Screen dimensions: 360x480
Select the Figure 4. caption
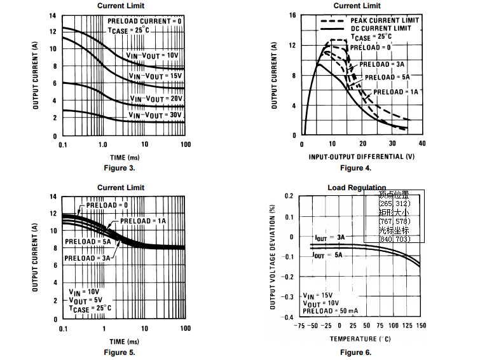(x=355, y=168)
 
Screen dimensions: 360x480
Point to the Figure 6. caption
(x=355, y=352)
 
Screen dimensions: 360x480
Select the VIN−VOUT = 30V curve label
(x=155, y=116)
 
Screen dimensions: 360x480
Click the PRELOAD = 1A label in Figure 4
(x=395, y=92)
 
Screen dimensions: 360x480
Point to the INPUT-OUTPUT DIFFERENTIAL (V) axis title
(x=360, y=156)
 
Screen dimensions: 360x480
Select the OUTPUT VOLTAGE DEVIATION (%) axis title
(x=274, y=256)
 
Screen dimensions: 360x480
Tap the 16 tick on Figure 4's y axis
(x=293, y=15)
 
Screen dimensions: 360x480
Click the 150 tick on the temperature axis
(x=421, y=325)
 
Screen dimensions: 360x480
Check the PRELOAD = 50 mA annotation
(x=331, y=311)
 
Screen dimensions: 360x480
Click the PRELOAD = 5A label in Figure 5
(x=88, y=242)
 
